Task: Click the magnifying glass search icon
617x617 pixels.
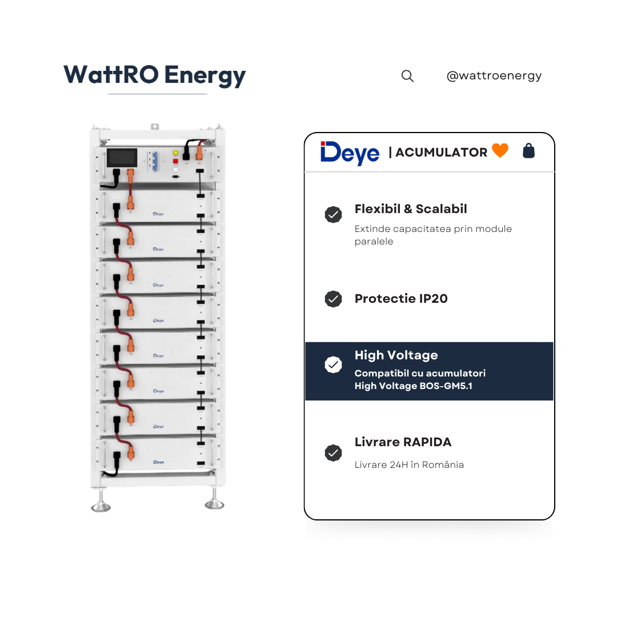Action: [x=407, y=76]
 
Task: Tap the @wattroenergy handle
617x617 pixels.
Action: [x=494, y=75]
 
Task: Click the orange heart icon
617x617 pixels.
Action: [x=500, y=150]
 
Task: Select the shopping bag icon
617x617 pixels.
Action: [x=528, y=151]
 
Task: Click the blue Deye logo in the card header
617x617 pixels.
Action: [x=350, y=153]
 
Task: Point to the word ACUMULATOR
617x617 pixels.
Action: [x=441, y=153]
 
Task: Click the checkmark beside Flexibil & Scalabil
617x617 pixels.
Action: [x=333, y=214]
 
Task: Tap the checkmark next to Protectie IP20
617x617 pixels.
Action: [x=333, y=299]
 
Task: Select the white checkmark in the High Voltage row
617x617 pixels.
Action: [x=333, y=364]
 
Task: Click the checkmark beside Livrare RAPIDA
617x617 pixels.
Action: [x=333, y=453]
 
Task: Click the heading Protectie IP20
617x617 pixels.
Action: [x=401, y=299]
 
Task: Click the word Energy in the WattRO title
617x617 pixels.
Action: [x=205, y=75]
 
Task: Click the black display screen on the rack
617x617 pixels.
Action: [x=122, y=158]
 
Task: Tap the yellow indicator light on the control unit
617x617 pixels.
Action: [x=175, y=153]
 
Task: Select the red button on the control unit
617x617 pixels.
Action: [x=175, y=161]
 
